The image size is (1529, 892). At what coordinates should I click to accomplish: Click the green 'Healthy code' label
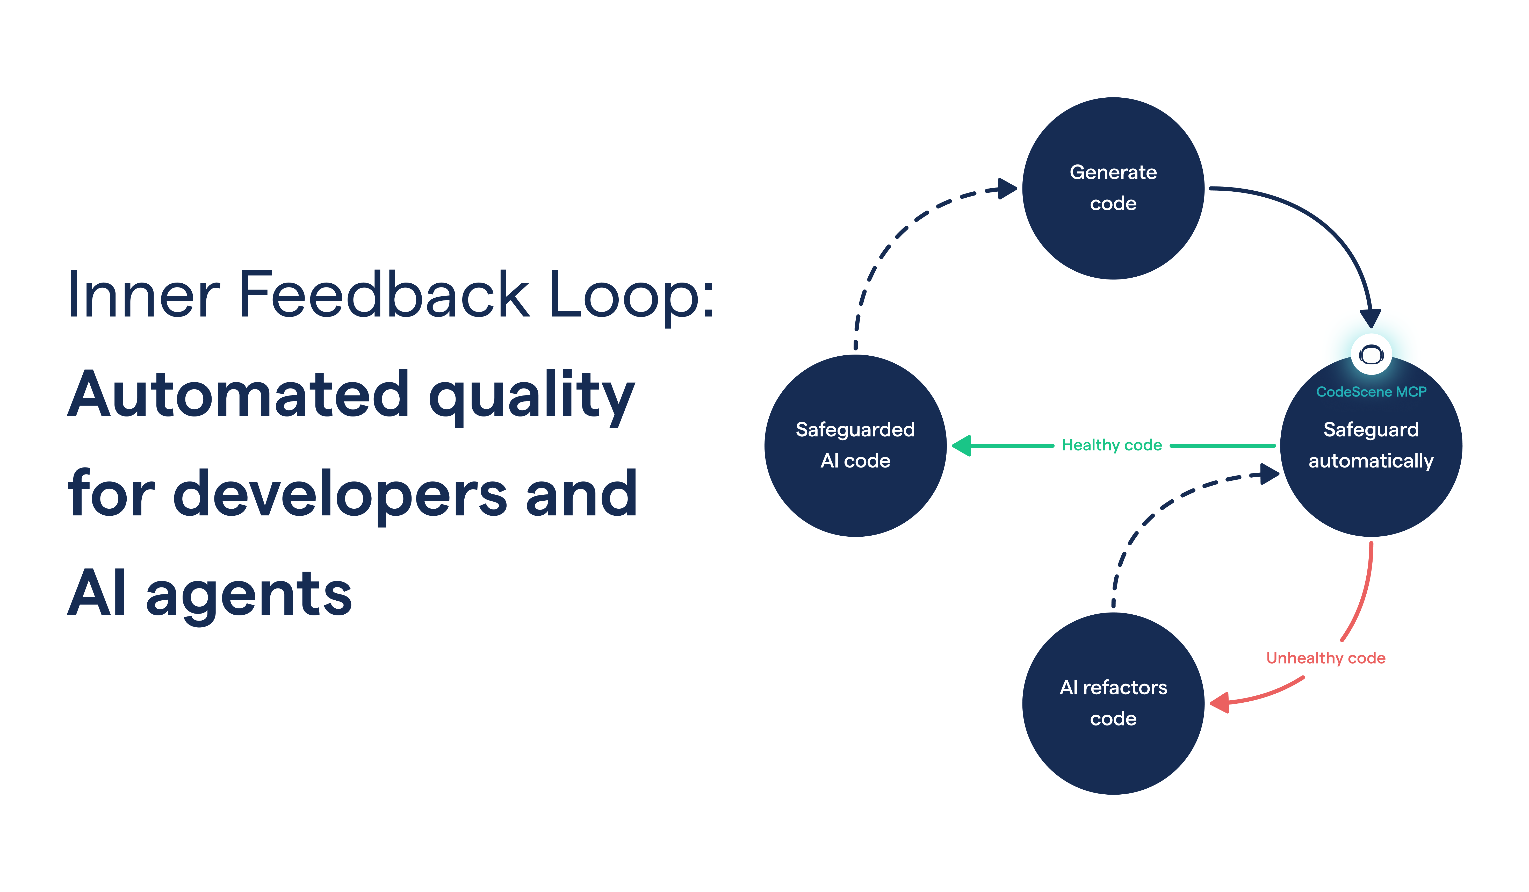point(1112,445)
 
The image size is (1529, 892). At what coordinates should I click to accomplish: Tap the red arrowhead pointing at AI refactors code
point(1220,703)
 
